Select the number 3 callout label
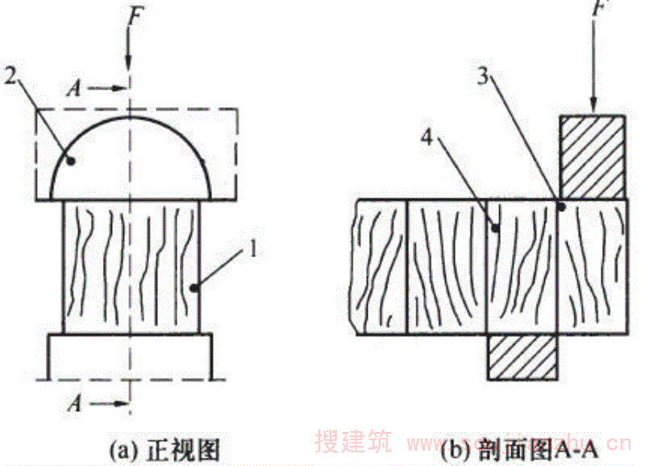[x=481, y=78]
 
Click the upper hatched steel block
[x=593, y=157]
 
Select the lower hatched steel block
[x=522, y=357]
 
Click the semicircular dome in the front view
[x=129, y=157]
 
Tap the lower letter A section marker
[x=74, y=400]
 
